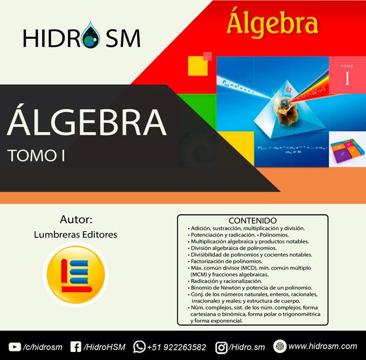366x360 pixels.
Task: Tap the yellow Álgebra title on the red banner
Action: [272, 23]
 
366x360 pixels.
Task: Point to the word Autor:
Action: [75, 219]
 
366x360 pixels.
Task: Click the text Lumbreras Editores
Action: [75, 234]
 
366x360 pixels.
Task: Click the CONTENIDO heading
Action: [252, 220]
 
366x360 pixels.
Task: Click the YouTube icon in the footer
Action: [15, 346]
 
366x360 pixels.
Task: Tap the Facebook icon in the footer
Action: [75, 346]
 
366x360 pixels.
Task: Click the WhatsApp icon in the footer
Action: [139, 346]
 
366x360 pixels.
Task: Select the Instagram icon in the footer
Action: [221, 346]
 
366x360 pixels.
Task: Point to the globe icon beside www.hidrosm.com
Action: [280, 346]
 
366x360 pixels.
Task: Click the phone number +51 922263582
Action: [177, 347]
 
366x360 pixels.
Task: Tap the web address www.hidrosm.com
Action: [323, 346]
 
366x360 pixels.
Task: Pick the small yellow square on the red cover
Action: [196, 65]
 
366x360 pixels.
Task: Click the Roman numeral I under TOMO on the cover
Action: [347, 79]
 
